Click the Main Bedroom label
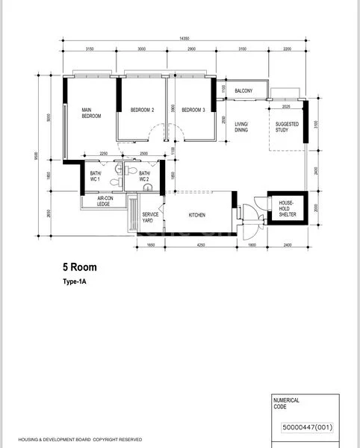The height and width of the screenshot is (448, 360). (x=91, y=113)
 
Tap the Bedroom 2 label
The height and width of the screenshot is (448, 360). (x=142, y=110)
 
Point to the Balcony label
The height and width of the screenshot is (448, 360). (x=243, y=91)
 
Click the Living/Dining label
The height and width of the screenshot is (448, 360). (x=241, y=127)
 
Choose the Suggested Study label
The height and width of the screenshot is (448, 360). (x=287, y=127)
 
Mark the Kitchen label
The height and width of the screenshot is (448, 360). (x=197, y=215)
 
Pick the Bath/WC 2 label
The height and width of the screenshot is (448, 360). (x=144, y=175)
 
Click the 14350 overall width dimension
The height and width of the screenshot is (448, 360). (x=183, y=38)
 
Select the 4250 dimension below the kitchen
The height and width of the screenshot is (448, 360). (x=196, y=245)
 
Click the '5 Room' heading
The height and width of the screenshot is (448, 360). (x=79, y=267)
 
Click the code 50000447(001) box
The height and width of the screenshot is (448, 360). (x=307, y=428)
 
